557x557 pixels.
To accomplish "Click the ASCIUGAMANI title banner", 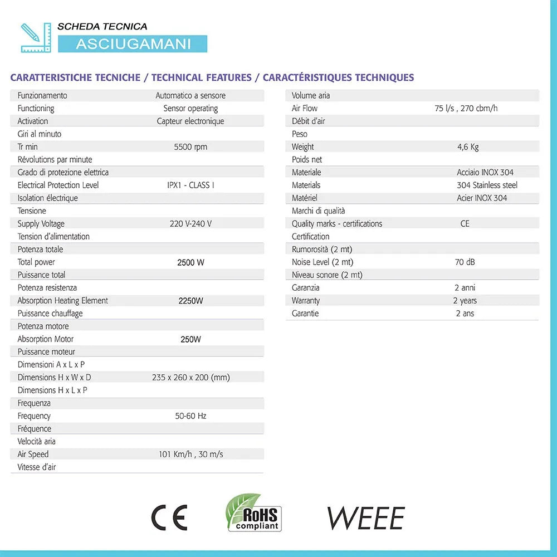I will pos(133,44).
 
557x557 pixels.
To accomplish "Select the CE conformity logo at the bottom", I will pos(169,518).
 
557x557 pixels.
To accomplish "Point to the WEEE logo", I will pos(365,519).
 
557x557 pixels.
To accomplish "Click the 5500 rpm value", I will pos(190,147).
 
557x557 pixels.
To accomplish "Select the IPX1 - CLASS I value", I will pos(190,185).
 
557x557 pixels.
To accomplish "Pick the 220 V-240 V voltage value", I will pos(190,224).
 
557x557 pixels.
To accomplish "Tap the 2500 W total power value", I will pos(190,262).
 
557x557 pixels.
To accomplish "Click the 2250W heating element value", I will pos(190,301).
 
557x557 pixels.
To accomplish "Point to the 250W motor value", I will pos(190,339).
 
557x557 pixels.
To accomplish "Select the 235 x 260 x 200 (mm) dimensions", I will pos(190,378).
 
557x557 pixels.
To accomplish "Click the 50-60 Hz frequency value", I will pos(190,416).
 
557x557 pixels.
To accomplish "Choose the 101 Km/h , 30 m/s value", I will pos(190,455).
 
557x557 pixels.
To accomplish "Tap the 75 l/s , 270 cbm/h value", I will pos(466,109).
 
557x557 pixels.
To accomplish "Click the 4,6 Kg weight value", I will pos(467,147).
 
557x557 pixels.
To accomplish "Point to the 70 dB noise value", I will pos(465,262).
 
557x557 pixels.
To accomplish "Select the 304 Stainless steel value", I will pos(487,185).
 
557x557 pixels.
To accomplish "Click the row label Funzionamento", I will pos(42,96).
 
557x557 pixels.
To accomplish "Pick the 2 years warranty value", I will pos(465,301).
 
